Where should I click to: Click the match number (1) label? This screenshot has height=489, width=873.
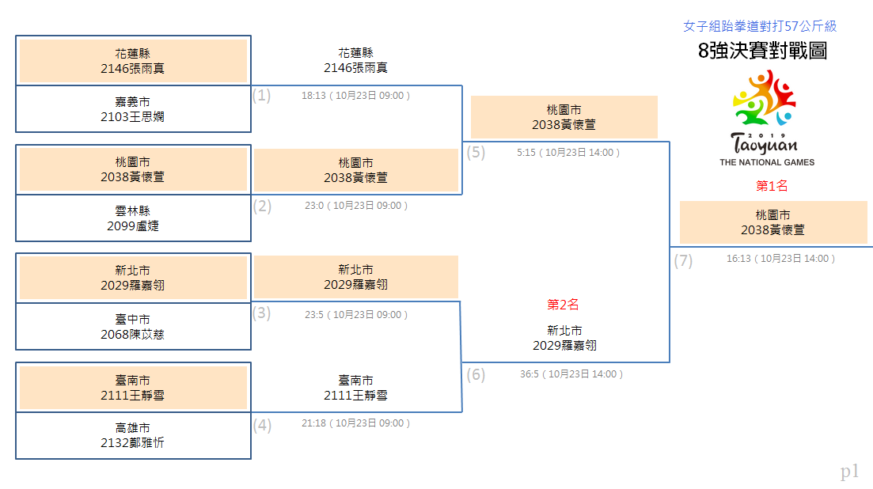[261, 96]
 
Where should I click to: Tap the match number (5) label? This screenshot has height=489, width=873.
[476, 153]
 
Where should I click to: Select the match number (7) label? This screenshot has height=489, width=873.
[683, 261]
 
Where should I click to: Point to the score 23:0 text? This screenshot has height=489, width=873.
[314, 206]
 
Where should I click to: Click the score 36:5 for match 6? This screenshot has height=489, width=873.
[529, 374]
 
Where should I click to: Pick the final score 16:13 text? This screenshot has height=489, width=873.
[738, 259]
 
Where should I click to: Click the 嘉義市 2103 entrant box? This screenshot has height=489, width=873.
[133, 109]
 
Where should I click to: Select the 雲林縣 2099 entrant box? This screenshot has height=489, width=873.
[133, 218]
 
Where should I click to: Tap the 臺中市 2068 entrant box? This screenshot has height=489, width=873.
[133, 327]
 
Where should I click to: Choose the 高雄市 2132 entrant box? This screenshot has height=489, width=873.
[133, 436]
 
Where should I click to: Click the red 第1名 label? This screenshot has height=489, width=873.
[772, 186]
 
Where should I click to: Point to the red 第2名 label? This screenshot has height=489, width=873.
[563, 305]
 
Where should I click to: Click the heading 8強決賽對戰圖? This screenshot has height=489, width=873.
[762, 51]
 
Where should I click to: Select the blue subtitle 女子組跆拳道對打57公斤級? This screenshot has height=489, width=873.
[760, 26]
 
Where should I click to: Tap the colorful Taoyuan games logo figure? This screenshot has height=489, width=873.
[765, 98]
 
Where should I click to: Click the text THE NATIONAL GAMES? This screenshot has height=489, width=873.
[767, 162]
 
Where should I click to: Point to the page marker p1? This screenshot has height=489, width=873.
[849, 472]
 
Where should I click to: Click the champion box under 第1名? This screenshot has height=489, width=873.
[773, 222]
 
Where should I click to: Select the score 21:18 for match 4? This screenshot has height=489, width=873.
[314, 423]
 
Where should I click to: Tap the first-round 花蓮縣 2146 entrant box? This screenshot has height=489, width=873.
[133, 61]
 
